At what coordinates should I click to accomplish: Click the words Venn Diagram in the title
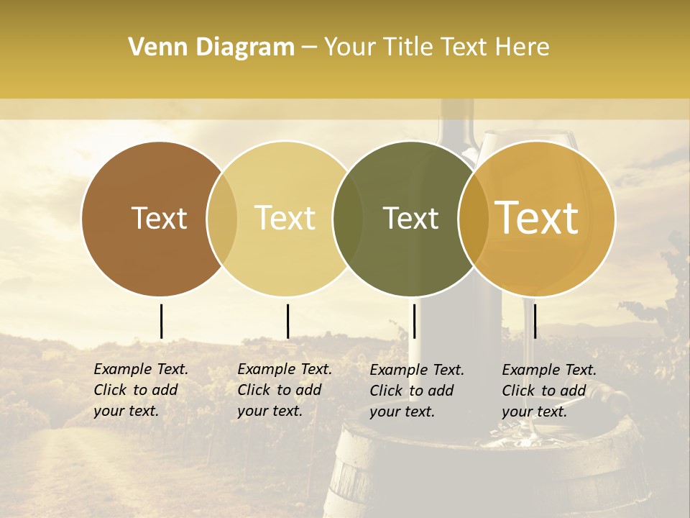211,47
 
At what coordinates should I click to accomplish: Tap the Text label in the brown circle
159,218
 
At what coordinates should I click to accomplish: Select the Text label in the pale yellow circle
285,218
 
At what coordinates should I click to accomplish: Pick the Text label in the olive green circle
410,218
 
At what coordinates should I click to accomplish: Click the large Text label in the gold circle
537,218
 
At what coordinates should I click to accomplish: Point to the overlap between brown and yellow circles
222,219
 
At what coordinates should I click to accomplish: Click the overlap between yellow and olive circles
348,219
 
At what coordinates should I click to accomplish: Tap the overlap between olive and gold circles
474,219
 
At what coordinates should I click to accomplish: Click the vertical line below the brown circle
161,321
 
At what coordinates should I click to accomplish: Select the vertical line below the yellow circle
287,321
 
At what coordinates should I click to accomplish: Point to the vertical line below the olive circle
414,321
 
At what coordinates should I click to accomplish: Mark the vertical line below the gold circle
535,321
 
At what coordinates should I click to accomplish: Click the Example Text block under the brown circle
141,390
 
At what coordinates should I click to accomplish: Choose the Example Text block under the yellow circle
285,390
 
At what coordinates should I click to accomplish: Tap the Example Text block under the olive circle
417,390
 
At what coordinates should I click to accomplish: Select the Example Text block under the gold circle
549,390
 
